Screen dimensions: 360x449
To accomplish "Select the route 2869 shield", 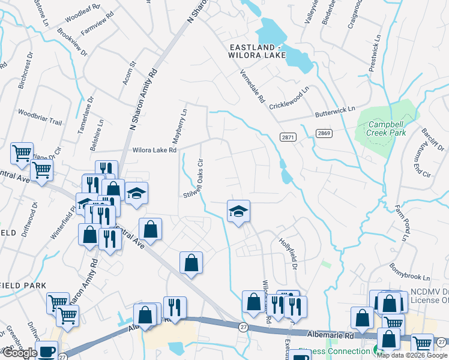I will pyautogui.click(x=324, y=133).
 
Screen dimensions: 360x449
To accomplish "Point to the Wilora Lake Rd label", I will pyautogui.click(x=154, y=150).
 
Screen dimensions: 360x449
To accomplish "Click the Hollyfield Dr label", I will pyautogui.click(x=289, y=254).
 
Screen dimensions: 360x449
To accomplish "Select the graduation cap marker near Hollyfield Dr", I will pyautogui.click(x=238, y=212).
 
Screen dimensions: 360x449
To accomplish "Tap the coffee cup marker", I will pyautogui.click(x=47, y=352).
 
